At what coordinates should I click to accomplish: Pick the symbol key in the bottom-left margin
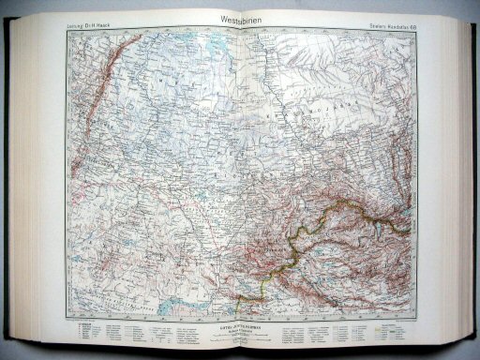click(103, 334)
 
